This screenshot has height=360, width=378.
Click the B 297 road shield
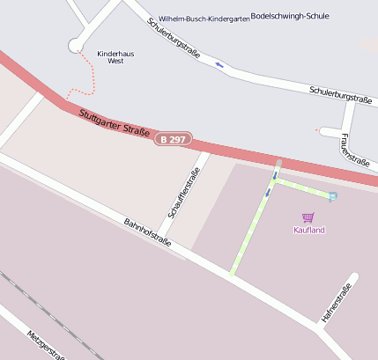(174, 139)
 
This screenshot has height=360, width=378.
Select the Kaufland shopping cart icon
(308, 217)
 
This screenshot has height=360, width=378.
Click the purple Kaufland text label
(308, 231)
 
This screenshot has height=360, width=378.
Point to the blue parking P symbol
(332, 196)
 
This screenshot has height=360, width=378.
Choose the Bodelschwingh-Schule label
(284, 16)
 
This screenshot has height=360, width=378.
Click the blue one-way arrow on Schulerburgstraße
(219, 64)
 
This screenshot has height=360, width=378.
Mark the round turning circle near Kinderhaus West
(76, 45)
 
